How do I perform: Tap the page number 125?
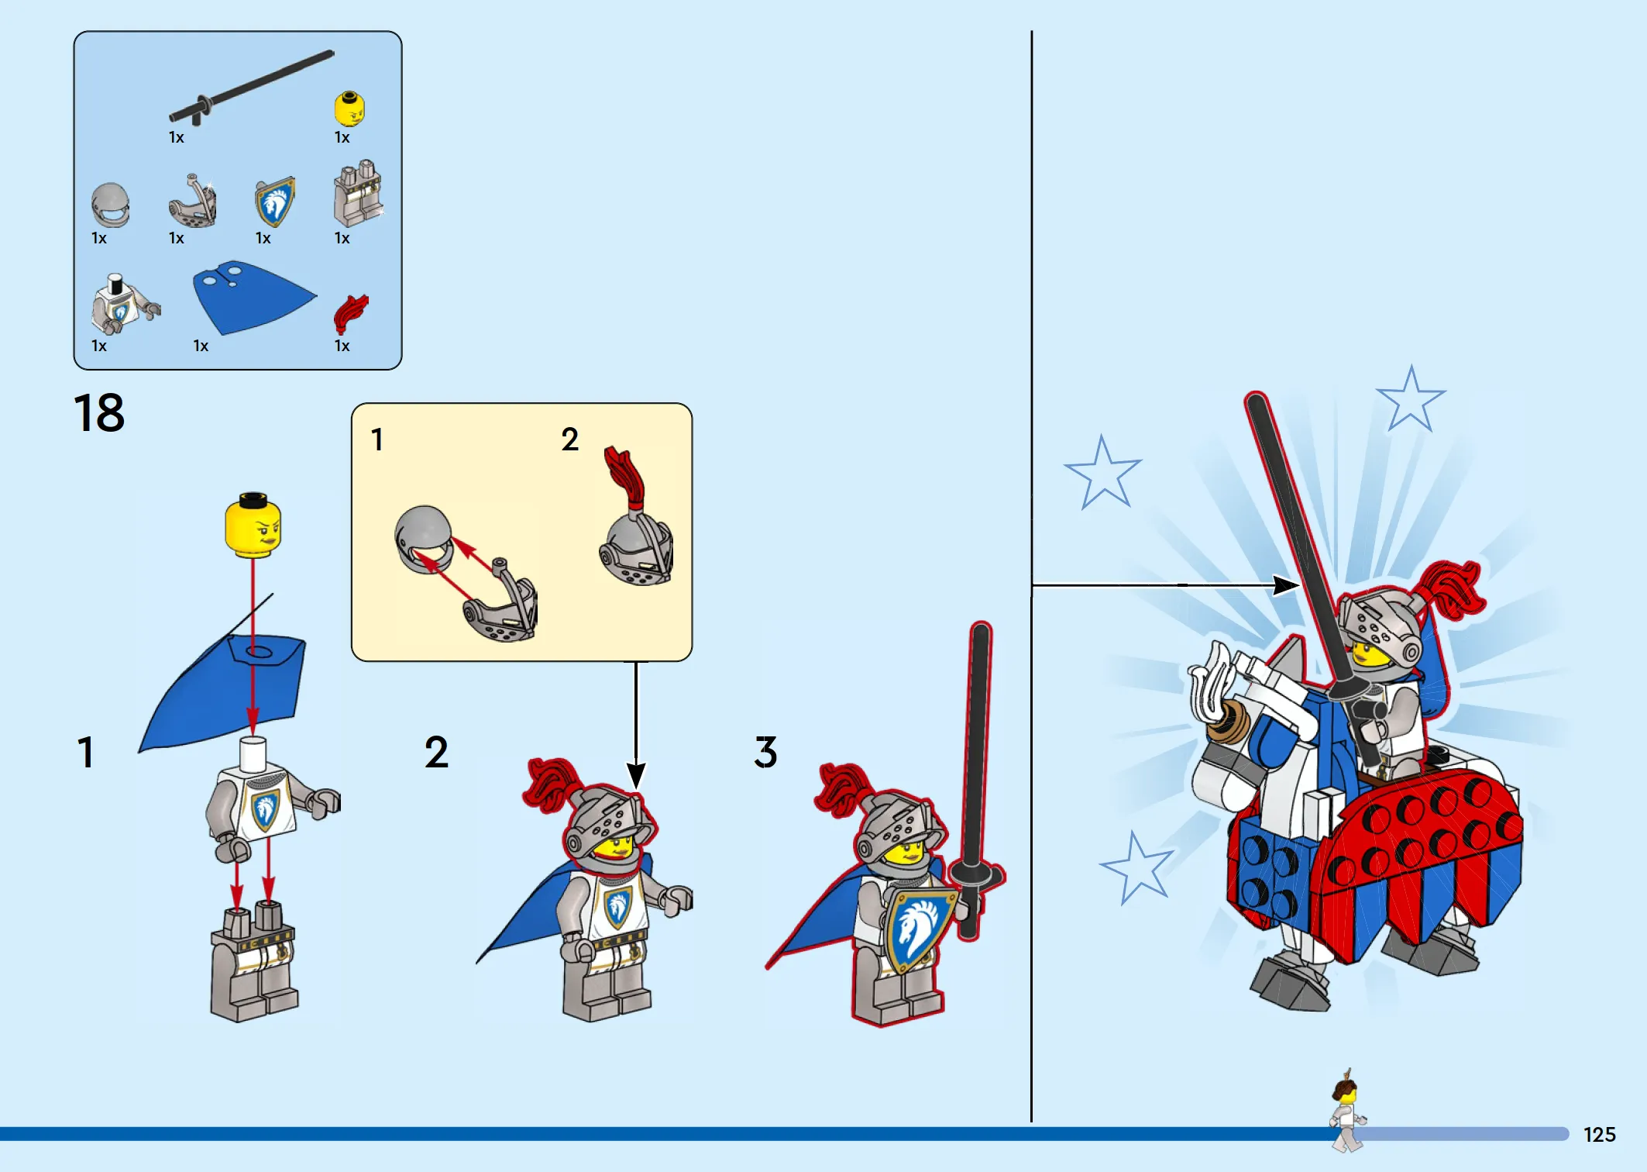click(x=1599, y=1135)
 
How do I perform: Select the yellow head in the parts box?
click(x=349, y=109)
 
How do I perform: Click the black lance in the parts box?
click(x=251, y=87)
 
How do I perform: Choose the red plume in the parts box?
click(x=350, y=313)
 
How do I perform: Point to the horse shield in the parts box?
click(x=275, y=202)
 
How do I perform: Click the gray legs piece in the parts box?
click(x=358, y=194)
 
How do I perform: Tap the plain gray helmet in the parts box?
click(x=110, y=205)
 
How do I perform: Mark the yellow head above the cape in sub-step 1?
click(x=253, y=524)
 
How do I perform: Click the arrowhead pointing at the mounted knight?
click(x=1287, y=585)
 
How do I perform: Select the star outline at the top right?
click(x=1411, y=399)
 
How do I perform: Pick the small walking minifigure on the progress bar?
click(x=1347, y=1110)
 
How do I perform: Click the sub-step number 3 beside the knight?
click(x=765, y=752)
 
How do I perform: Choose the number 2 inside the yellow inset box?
click(x=570, y=439)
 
